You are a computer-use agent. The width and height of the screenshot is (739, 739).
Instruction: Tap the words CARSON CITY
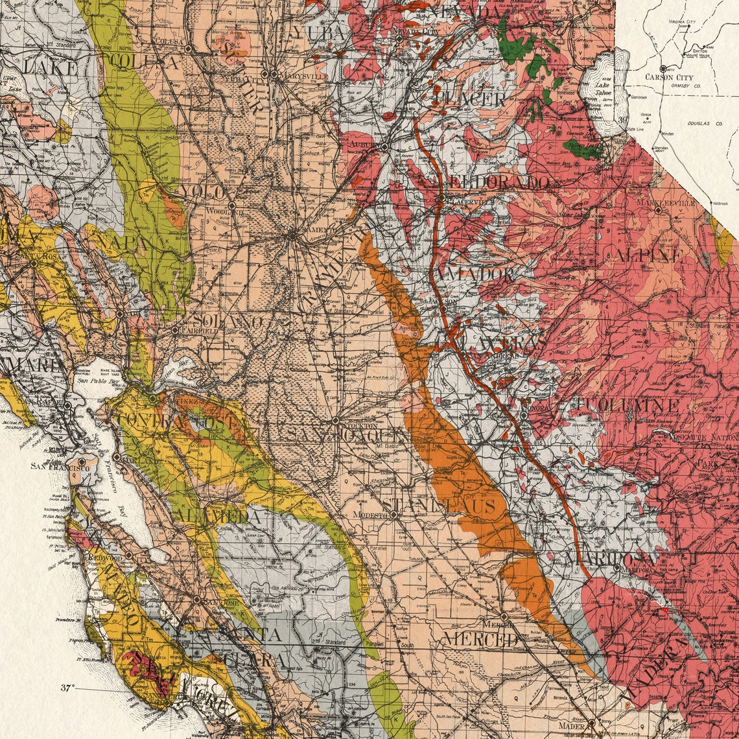pos(669,77)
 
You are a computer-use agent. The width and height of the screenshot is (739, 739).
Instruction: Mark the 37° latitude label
pos(68,688)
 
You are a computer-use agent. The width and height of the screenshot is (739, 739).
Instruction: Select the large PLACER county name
pos(470,99)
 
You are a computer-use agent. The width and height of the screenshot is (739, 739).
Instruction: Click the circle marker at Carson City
pos(661,68)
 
